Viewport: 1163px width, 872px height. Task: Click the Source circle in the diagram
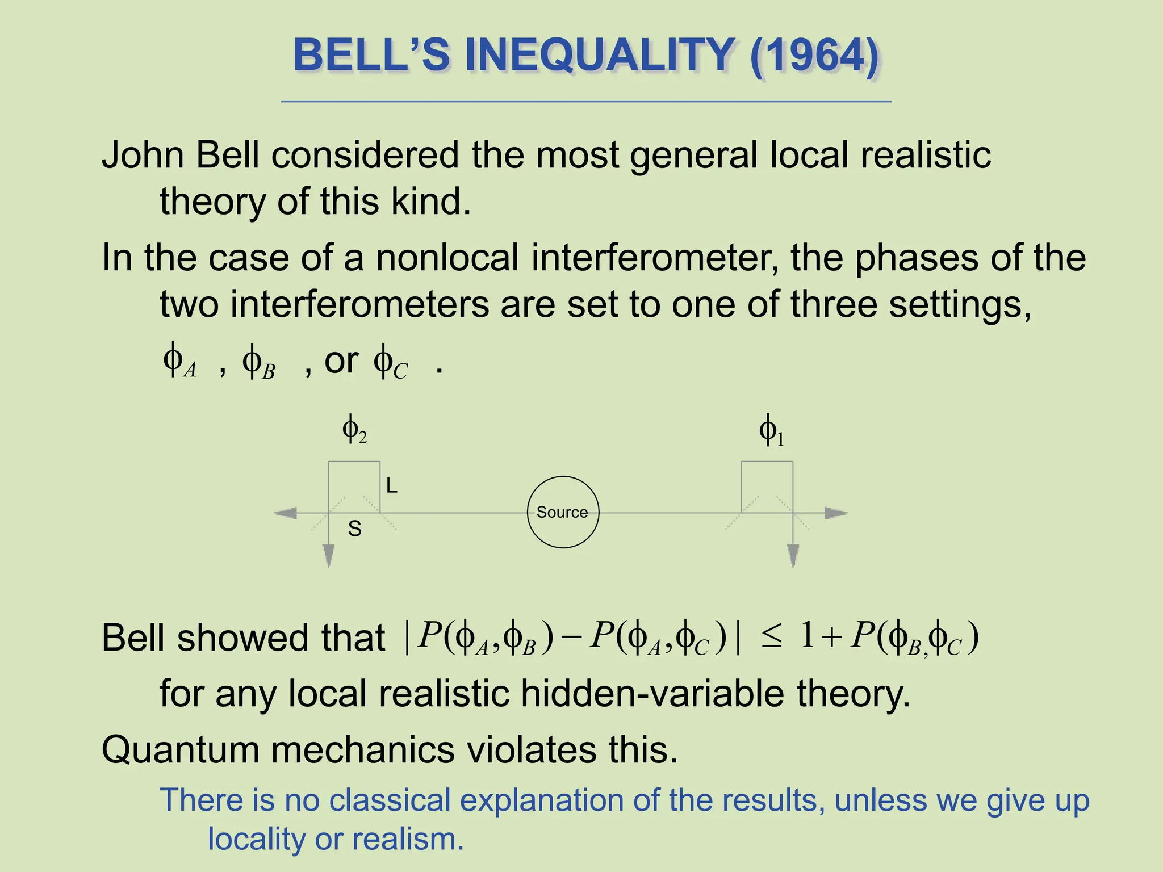(x=563, y=512)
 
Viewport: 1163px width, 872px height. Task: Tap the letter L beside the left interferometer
(x=391, y=486)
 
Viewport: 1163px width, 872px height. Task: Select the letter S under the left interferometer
(x=354, y=529)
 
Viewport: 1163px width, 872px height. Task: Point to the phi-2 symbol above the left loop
(x=354, y=430)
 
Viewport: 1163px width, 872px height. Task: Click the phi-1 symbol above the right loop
(x=771, y=431)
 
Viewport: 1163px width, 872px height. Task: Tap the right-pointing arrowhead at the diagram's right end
(x=835, y=513)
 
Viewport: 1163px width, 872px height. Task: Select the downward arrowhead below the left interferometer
(x=328, y=555)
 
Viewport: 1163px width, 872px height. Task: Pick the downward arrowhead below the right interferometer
(x=793, y=555)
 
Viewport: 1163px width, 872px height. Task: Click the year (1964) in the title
(x=814, y=56)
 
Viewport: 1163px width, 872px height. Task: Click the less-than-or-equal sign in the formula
(x=771, y=638)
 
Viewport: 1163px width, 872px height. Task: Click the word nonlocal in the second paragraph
(x=447, y=258)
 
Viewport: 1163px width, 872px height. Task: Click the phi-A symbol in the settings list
(x=179, y=362)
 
